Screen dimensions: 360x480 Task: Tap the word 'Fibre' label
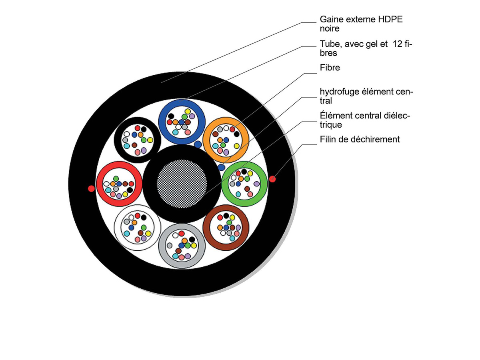click(330, 68)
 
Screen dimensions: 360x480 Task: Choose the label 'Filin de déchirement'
click(360, 140)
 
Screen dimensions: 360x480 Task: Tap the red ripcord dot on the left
click(91, 188)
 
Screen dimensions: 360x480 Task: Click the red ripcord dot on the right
click(272, 179)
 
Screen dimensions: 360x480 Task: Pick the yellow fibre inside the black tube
click(150, 140)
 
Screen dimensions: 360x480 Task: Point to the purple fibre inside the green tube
click(256, 184)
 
